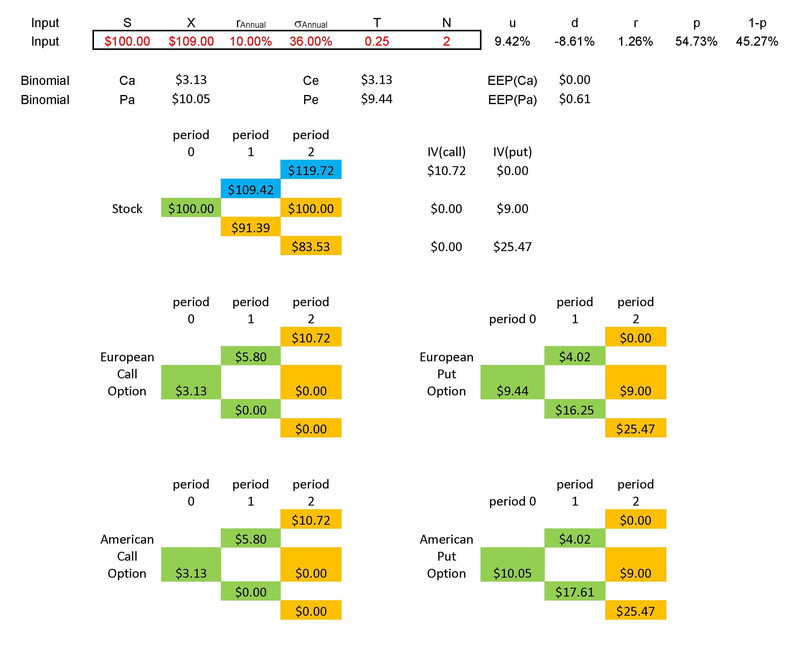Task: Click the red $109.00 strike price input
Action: tap(191, 41)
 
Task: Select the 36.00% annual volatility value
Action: tap(311, 41)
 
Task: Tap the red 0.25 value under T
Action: tap(377, 41)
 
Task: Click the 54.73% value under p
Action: tap(696, 41)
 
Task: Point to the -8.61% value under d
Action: tap(575, 41)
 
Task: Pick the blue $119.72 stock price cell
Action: tap(311, 170)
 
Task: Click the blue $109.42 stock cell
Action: tap(251, 189)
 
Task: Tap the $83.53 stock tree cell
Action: tap(311, 247)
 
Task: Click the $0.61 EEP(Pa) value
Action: tap(575, 99)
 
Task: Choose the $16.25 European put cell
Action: tap(575, 410)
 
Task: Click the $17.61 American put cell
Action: tap(575, 592)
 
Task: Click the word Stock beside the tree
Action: tap(127, 208)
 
